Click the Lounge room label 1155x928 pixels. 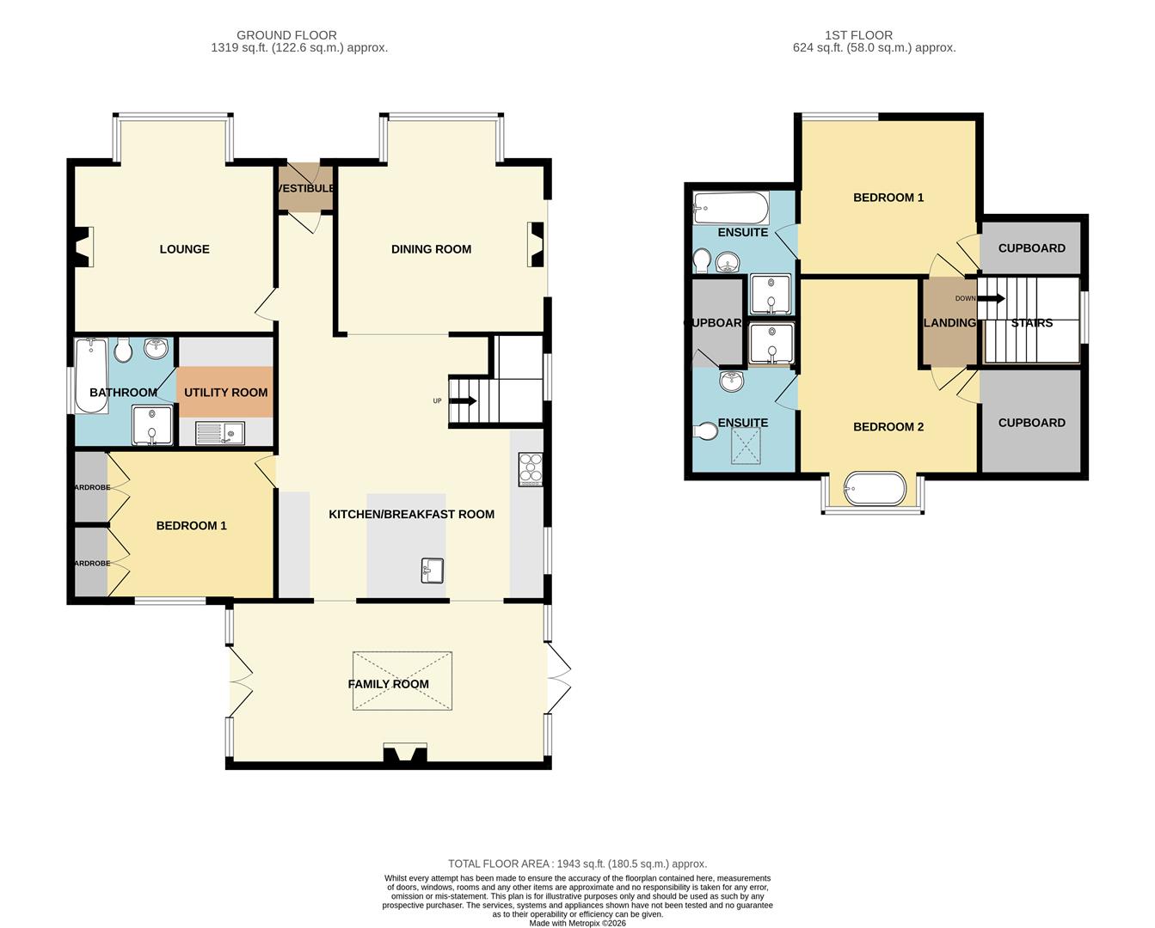point(184,249)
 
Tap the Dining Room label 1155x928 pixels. point(431,249)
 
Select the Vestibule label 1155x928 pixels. point(305,188)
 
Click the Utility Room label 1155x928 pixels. point(225,393)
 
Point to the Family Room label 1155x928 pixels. point(388,684)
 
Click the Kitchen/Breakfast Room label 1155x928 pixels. point(411,515)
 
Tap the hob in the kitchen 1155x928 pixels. point(531,468)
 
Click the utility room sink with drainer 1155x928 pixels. point(220,432)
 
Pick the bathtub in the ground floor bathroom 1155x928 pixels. point(90,375)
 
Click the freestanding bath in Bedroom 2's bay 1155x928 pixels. point(875,489)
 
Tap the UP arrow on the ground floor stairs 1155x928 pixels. point(463,401)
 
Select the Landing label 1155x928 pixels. point(949,323)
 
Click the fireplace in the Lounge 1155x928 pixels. point(83,247)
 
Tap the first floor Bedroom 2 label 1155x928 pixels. point(888,427)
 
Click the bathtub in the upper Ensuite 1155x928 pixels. point(731,208)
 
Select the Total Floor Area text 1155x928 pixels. point(577,864)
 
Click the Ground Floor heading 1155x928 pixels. point(286,35)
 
